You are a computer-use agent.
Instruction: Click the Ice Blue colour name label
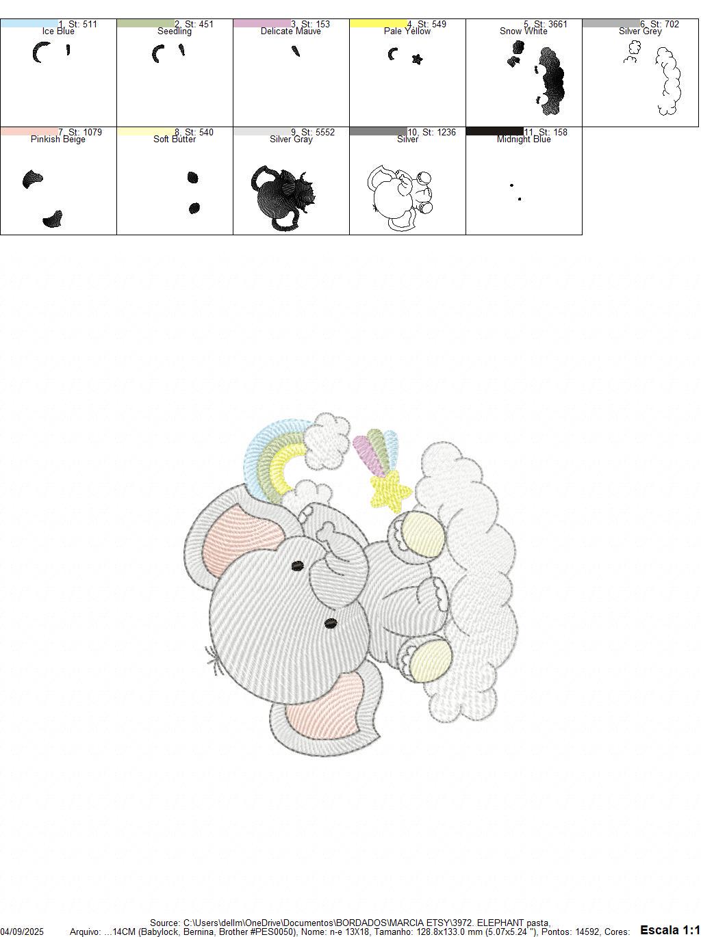[58, 31]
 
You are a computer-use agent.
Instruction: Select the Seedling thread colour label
[175, 31]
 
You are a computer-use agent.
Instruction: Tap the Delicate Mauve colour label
[291, 31]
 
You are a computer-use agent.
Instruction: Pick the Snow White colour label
[524, 31]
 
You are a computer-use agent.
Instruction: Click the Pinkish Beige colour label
[58, 140]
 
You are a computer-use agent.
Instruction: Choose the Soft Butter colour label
[175, 140]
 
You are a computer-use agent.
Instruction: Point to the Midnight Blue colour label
[524, 140]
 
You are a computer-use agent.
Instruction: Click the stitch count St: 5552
[318, 132]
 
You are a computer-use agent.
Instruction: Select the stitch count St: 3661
[550, 24]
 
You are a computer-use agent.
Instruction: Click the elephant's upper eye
[298, 566]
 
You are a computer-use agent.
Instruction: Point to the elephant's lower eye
[330, 623]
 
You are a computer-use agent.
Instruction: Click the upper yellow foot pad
[423, 533]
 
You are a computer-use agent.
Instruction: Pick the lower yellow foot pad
[431, 661]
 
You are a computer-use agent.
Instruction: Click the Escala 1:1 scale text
[670, 929]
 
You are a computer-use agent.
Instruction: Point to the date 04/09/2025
[22, 932]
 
